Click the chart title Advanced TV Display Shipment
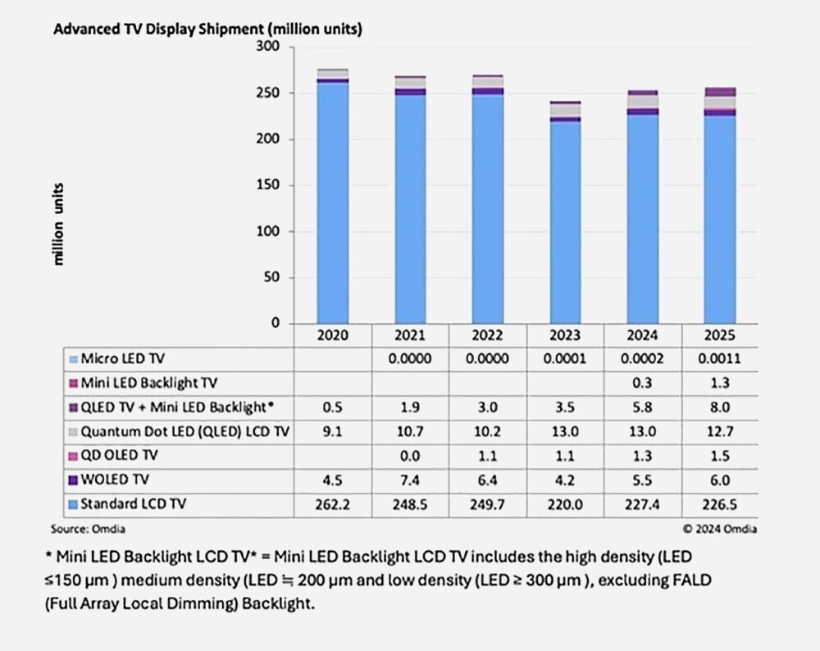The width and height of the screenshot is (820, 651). [x=207, y=29]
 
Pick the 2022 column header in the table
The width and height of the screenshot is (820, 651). [x=489, y=335]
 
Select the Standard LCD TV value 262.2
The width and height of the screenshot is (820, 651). [x=333, y=504]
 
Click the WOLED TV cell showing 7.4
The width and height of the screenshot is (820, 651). [x=411, y=480]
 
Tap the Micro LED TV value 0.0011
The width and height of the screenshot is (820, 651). [x=720, y=358]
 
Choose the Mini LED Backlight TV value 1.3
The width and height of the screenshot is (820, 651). [x=720, y=383]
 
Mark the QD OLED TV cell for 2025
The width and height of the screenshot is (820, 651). [x=720, y=456]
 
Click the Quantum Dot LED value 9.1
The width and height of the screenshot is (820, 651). [x=333, y=431]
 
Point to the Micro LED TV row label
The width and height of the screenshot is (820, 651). [x=122, y=358]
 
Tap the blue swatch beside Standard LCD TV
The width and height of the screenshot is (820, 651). [x=74, y=505]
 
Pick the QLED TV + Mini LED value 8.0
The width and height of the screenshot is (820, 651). [x=720, y=407]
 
